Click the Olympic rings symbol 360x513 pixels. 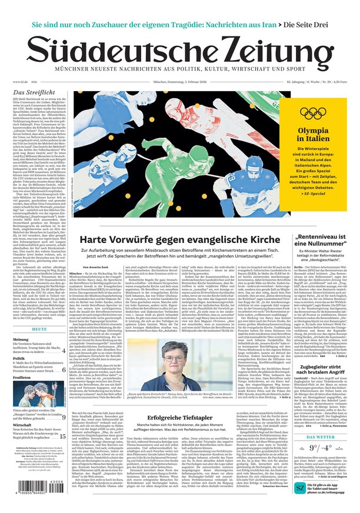[312, 112]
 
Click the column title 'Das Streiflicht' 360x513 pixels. [34, 93]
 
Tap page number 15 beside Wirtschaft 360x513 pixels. [62, 437]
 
